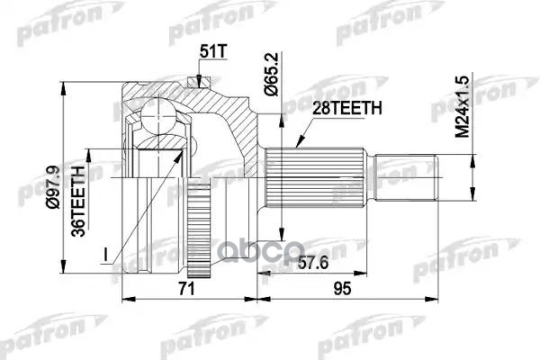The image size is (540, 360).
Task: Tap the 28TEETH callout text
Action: tap(346, 108)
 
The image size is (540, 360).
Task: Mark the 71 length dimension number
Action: tap(184, 288)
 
